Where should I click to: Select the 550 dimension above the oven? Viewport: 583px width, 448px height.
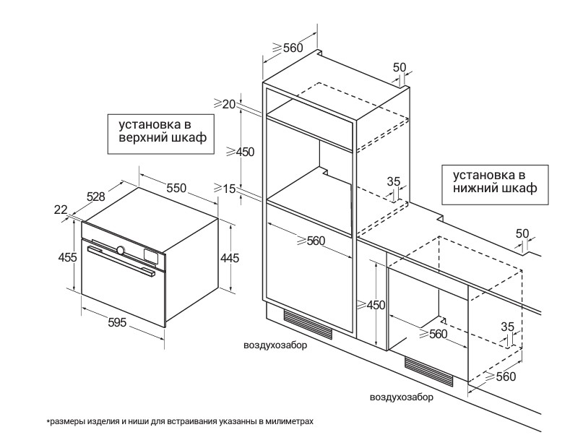pyautogui.click(x=177, y=188)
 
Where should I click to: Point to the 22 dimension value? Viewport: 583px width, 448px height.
pyautogui.click(x=60, y=210)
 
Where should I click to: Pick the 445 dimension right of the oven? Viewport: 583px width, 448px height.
pyautogui.click(x=230, y=258)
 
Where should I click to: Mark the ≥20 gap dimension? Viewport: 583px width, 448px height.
pyautogui.click(x=227, y=104)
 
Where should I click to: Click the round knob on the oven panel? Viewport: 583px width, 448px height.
pyautogui.click(x=121, y=251)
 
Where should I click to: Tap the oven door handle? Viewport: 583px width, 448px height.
pyautogui.click(x=121, y=261)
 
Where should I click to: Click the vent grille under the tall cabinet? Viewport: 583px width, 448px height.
pyautogui.click(x=308, y=323)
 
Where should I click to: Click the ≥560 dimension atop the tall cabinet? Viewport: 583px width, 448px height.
pyautogui.click(x=287, y=48)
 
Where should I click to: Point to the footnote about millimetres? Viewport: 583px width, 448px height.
pyautogui.click(x=181, y=421)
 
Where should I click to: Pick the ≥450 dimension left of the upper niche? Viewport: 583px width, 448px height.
pyautogui.click(x=241, y=152)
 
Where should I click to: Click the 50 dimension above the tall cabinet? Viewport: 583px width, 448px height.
pyautogui.click(x=400, y=67)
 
